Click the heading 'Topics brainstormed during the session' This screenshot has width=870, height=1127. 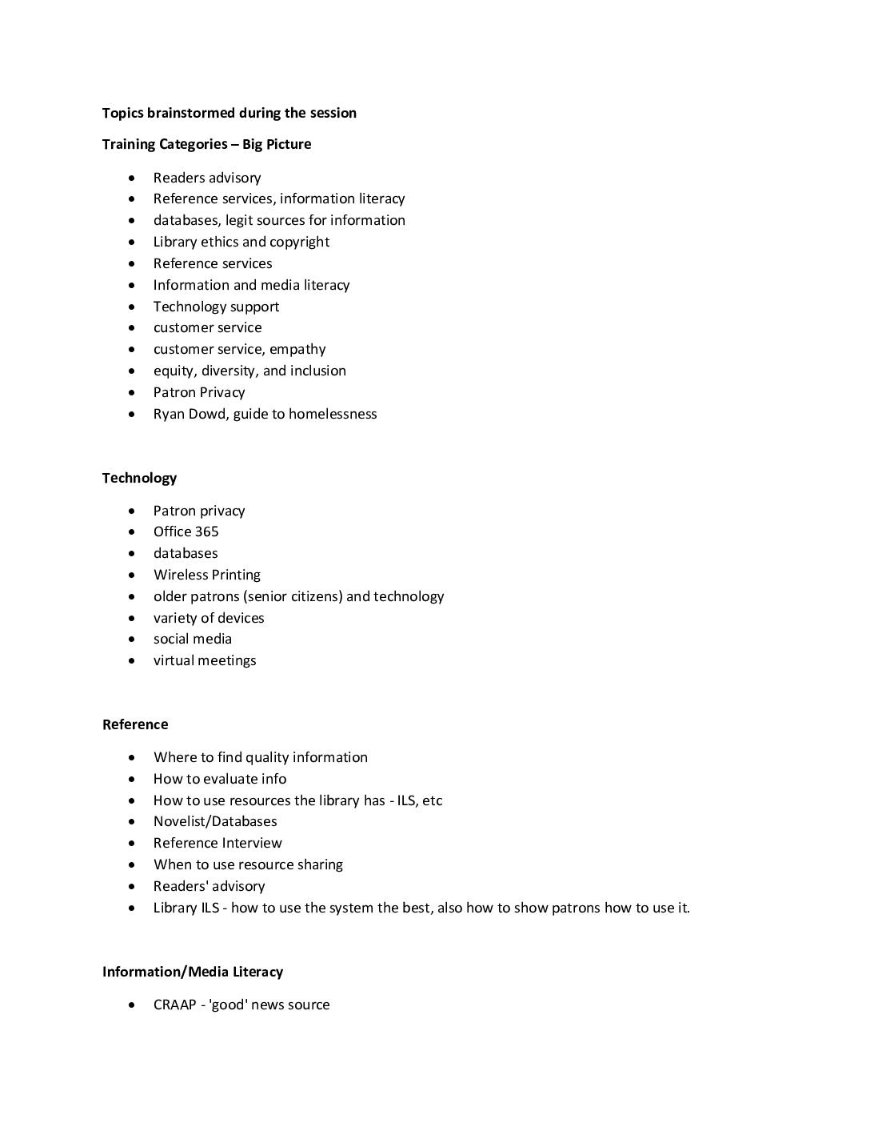(x=229, y=113)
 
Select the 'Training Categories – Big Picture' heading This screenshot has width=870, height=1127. (x=206, y=144)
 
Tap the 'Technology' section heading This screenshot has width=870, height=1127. (x=139, y=478)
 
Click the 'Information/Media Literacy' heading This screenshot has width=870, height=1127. (x=192, y=972)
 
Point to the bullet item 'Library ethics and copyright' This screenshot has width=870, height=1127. (x=241, y=242)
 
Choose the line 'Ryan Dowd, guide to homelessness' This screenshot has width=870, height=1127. (x=265, y=414)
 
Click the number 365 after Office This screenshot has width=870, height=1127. (x=205, y=531)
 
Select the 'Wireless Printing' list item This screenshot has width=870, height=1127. (x=206, y=575)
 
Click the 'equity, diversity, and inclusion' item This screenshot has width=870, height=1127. (x=249, y=371)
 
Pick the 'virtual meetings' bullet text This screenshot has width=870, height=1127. (x=205, y=660)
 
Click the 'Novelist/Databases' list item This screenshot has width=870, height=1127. (x=215, y=821)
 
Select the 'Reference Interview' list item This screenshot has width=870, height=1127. (x=217, y=843)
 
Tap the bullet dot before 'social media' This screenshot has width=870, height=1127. (x=132, y=640)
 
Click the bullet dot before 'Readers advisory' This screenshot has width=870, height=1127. (x=132, y=178)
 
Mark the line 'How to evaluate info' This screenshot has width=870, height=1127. (x=220, y=779)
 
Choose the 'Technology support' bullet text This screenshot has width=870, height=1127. (x=216, y=307)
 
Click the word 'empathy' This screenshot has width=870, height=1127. (x=297, y=349)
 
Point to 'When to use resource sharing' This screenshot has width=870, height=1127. (x=248, y=864)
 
